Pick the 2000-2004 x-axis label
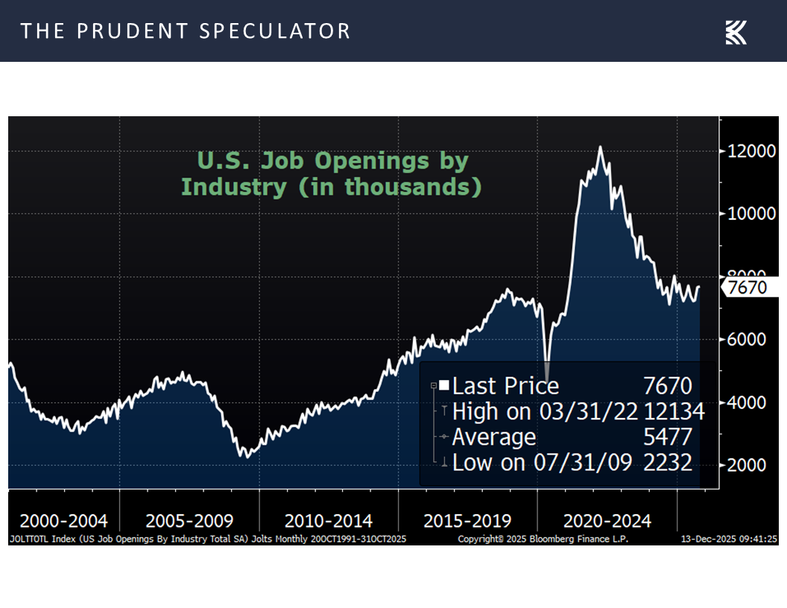pyautogui.click(x=63, y=520)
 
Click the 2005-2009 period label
pyautogui.click(x=189, y=520)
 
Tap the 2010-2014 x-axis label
pyautogui.click(x=329, y=520)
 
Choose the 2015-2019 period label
pyautogui.click(x=467, y=520)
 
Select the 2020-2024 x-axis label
pyautogui.click(x=607, y=520)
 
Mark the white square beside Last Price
pyautogui.click(x=444, y=385)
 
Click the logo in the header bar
pyautogui.click(x=736, y=31)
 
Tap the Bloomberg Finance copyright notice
pyautogui.click(x=543, y=539)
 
